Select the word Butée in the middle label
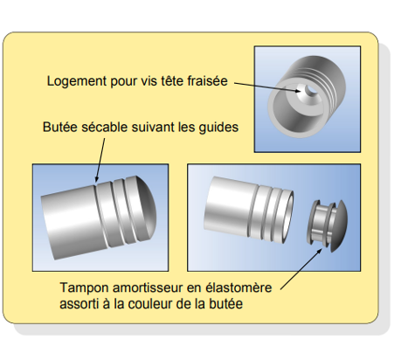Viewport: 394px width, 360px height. pos(60,127)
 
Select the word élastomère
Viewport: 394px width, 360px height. pos(238,287)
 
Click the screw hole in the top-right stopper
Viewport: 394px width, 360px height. pos(312,90)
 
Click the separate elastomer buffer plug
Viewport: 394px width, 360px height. pos(328,225)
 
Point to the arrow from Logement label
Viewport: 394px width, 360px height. pos(267,87)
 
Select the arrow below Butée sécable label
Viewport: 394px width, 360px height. pos(100,160)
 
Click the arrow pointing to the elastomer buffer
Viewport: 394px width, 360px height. pos(301,269)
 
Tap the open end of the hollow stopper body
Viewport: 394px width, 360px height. pos(287,217)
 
